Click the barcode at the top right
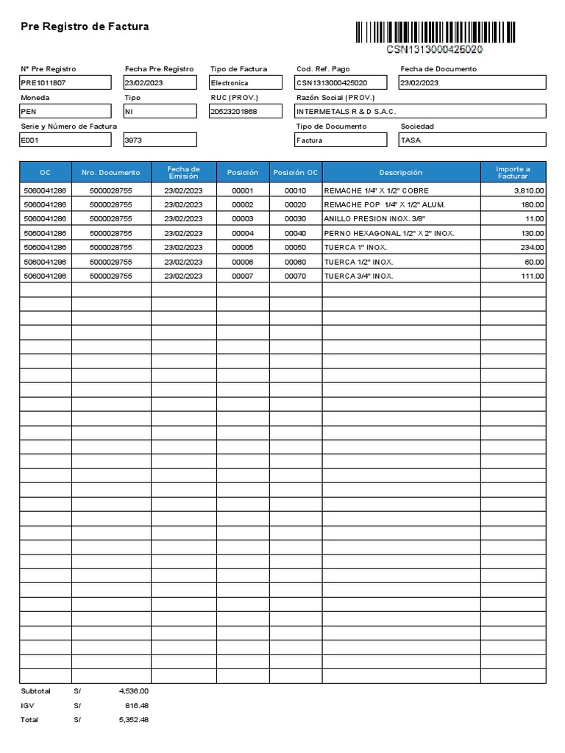(436, 32)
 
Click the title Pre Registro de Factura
(85, 26)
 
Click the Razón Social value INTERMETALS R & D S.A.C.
(420, 111)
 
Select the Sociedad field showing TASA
(472, 140)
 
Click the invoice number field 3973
(160, 140)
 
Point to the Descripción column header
(401, 173)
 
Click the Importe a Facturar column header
(513, 173)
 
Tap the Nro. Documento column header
(111, 173)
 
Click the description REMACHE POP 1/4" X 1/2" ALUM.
(385, 204)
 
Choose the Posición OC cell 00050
(295, 248)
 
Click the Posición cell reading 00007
(242, 276)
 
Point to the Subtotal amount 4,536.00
(133, 691)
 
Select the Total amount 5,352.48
(133, 720)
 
